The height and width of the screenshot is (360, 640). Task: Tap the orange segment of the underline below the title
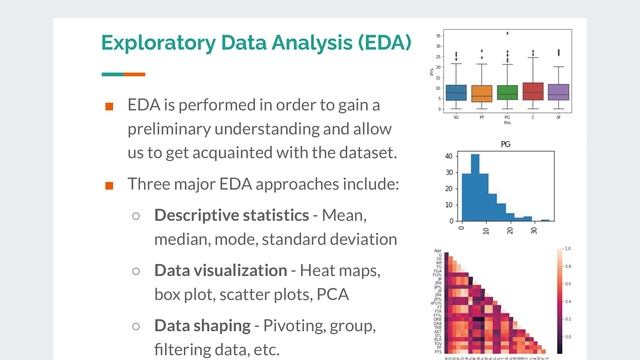pyautogui.click(x=134, y=74)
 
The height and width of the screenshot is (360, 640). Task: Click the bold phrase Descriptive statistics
pyautogui.click(x=231, y=215)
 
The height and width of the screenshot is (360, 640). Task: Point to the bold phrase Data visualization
pyautogui.click(x=220, y=270)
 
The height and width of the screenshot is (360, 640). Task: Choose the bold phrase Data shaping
pyautogui.click(x=202, y=325)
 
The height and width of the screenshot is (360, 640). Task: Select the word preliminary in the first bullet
pyautogui.click(x=177, y=129)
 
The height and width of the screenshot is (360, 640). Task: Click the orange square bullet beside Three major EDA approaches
pyautogui.click(x=110, y=185)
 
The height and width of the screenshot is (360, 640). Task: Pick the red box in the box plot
pyautogui.click(x=532, y=91)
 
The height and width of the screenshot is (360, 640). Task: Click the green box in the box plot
pyautogui.click(x=507, y=92)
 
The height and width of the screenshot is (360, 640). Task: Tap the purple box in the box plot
pyautogui.click(x=558, y=92)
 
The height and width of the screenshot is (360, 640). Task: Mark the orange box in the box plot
pyautogui.click(x=481, y=93)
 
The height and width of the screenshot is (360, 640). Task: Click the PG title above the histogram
pyautogui.click(x=506, y=144)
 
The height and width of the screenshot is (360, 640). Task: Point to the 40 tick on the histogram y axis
pyautogui.click(x=450, y=156)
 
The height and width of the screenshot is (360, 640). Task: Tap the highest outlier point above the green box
pyautogui.click(x=507, y=34)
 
